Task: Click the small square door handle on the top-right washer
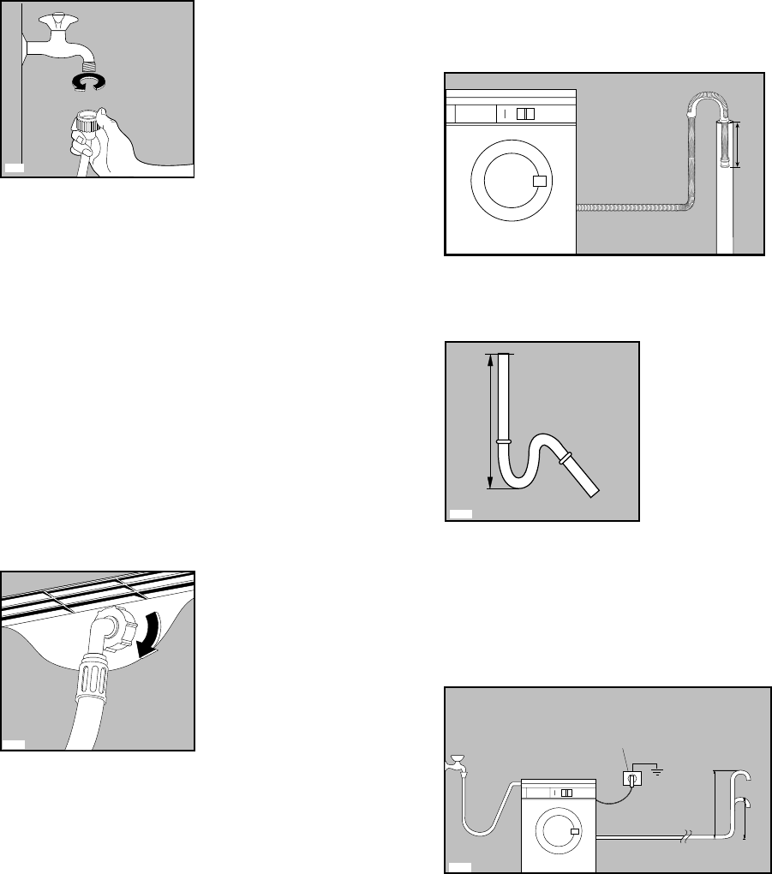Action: [539, 182]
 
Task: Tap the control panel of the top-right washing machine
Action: [511, 113]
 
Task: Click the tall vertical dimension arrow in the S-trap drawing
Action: [490, 421]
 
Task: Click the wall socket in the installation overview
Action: [631, 778]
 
